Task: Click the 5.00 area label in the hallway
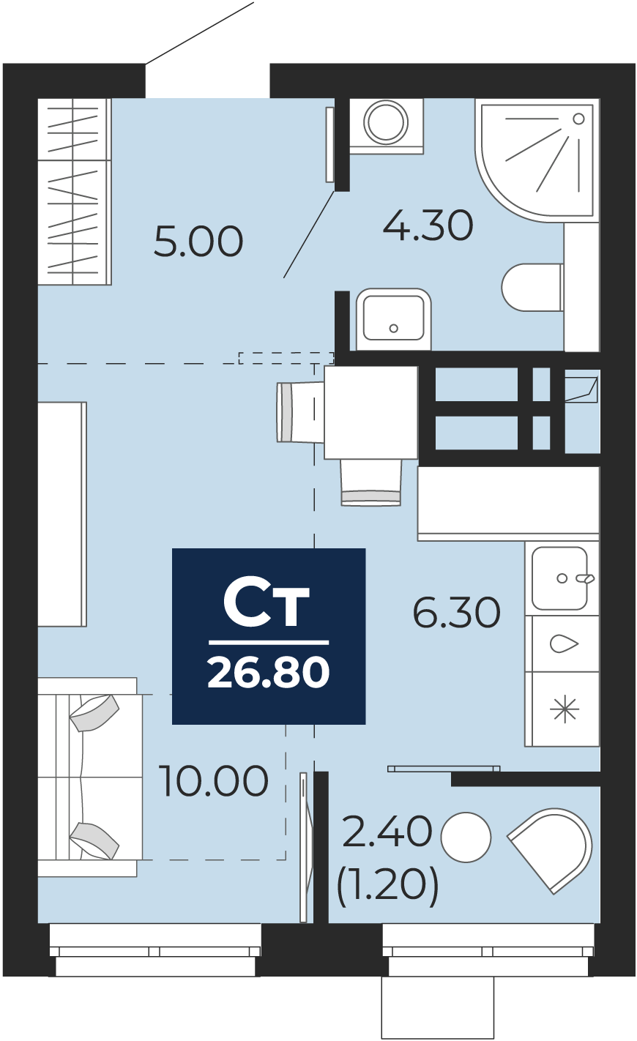[198, 241]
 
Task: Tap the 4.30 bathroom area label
[428, 225]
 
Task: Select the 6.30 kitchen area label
[457, 613]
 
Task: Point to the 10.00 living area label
[213, 780]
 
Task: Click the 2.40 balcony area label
[387, 832]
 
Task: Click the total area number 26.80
[269, 672]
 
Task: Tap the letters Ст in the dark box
[266, 602]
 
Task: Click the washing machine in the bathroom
[386, 125]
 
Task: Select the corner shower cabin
[534, 158]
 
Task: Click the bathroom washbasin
[393, 319]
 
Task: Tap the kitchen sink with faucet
[560, 578]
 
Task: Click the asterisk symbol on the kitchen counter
[565, 709]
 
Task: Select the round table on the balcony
[466, 837]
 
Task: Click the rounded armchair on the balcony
[551, 849]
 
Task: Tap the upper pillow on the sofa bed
[94, 712]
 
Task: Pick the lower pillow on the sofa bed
[94, 841]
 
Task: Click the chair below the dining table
[371, 482]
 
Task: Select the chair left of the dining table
[300, 412]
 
